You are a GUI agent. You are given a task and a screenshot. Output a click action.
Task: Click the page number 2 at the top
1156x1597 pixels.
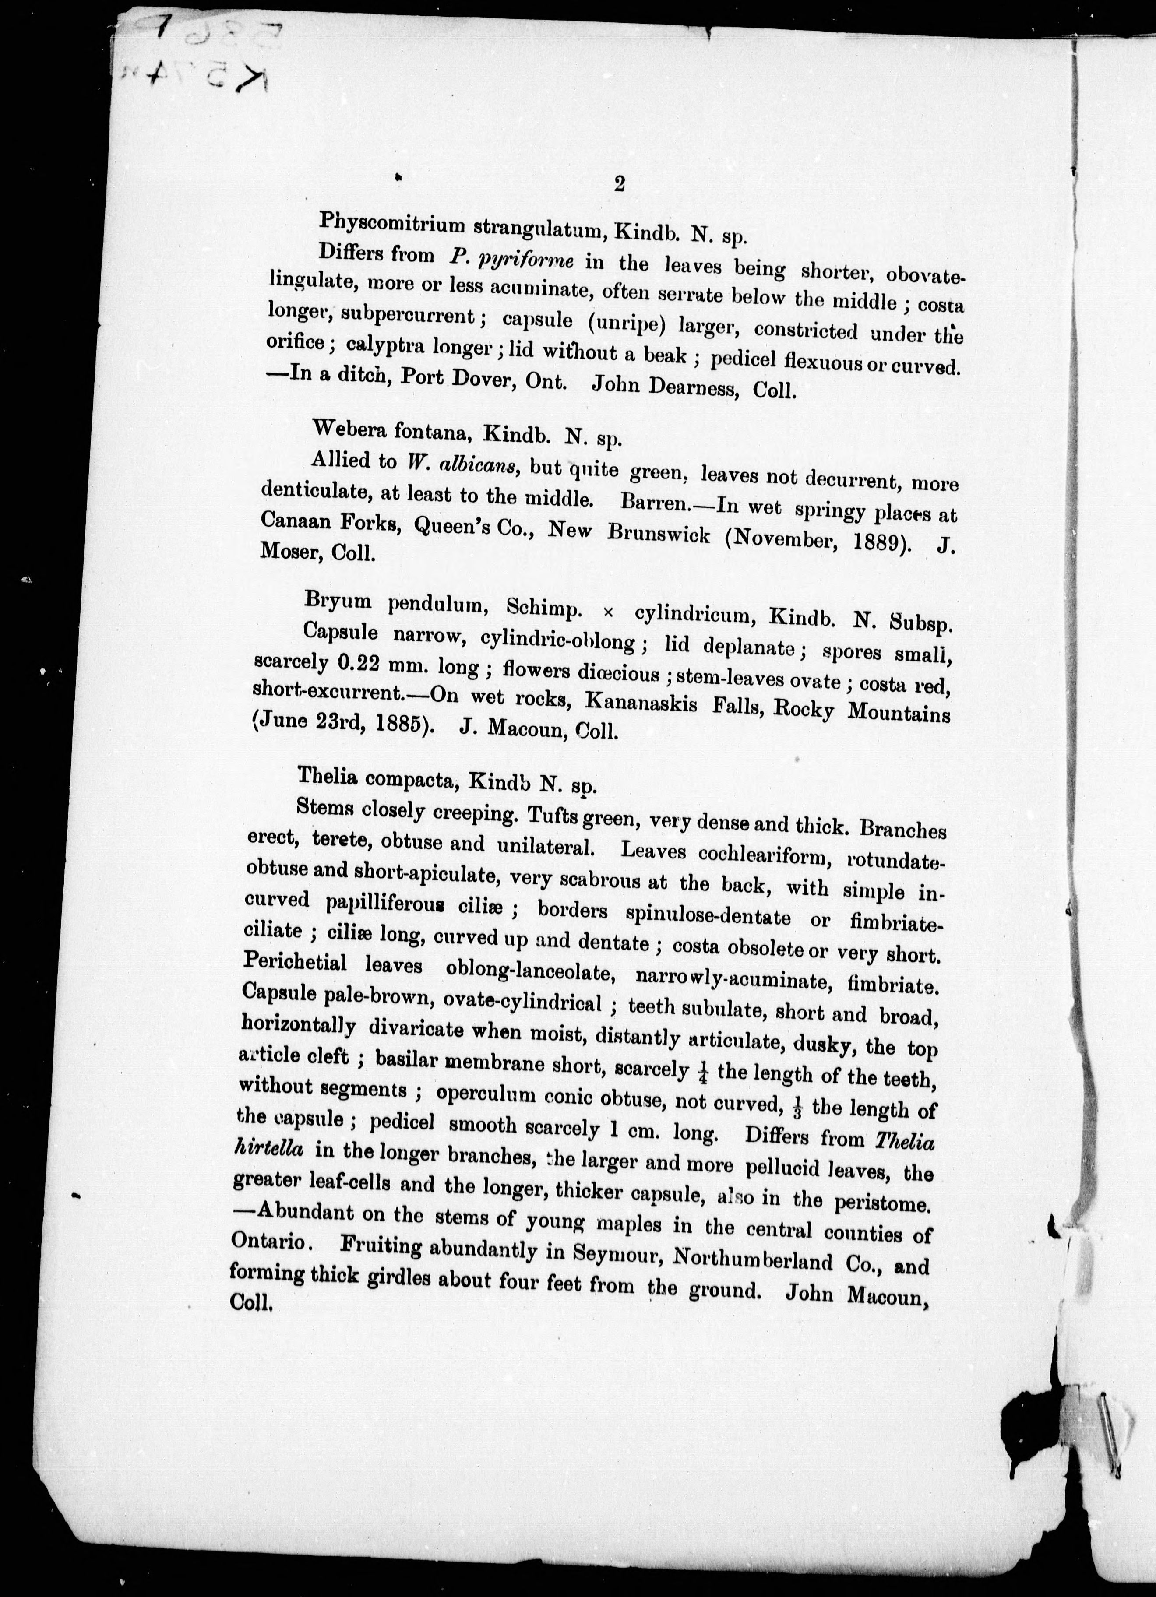click(x=619, y=184)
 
